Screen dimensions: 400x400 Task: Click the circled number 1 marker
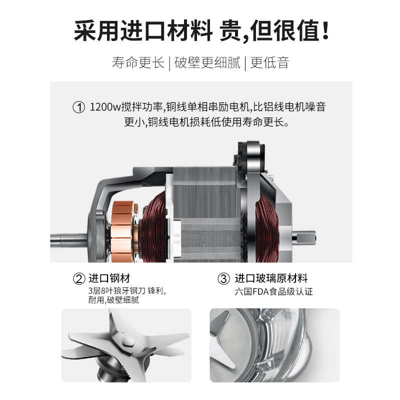pos(78,107)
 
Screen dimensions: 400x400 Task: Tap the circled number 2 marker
pos(79,279)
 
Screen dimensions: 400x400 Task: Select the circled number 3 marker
pos(223,278)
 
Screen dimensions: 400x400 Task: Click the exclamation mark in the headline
pos(325,30)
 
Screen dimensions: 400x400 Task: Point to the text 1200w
pos(105,107)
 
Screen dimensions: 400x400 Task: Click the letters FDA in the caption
pos(260,291)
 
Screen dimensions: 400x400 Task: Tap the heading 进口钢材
pos(109,278)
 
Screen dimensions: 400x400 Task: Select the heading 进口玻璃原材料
pos(271,278)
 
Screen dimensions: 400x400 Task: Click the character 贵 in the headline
pos(230,30)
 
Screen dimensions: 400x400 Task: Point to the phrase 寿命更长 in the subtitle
pos(138,62)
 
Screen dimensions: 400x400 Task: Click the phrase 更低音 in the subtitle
pos(269,62)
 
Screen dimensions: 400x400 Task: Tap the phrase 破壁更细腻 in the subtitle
pos(207,62)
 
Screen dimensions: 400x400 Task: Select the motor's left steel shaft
pos(69,240)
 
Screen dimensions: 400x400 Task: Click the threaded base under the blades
pos(108,373)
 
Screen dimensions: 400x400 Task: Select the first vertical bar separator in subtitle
pos(169,63)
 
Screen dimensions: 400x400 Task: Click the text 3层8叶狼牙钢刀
pos(117,291)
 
